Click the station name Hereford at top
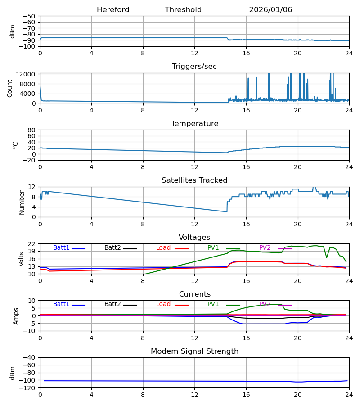point(113,10)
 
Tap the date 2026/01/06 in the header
point(270,10)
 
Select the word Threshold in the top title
point(183,10)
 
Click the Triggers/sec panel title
point(194,67)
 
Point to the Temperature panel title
point(194,124)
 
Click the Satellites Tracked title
point(194,180)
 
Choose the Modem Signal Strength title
point(194,351)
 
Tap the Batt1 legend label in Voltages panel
point(61,248)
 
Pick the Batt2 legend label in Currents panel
point(112,304)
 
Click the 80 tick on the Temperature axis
point(32,130)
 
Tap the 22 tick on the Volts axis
point(32,244)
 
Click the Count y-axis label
point(10,88)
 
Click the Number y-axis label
point(22,202)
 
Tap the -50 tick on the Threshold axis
point(30,16)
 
